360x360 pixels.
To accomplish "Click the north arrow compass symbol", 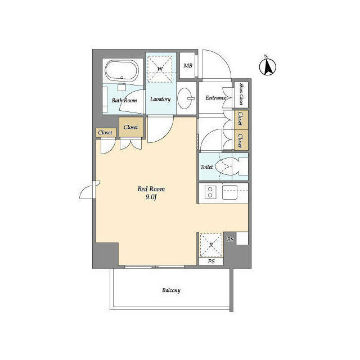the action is click(x=268, y=66).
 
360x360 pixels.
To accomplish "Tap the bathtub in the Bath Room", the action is click(x=122, y=70).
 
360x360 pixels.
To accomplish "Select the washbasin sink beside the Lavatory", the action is click(x=186, y=98).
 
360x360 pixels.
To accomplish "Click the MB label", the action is click(x=188, y=66).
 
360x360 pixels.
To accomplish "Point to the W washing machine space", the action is click(x=160, y=69).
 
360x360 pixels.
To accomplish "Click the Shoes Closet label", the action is click(x=241, y=94).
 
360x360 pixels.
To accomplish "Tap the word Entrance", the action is click(x=216, y=97).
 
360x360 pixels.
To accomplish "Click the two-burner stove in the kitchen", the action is click(x=210, y=192).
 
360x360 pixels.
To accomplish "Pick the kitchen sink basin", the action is click(x=229, y=192).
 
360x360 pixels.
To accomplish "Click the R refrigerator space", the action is click(x=211, y=245).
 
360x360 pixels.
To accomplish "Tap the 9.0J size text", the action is click(x=151, y=197).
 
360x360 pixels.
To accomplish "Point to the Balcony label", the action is click(x=171, y=290).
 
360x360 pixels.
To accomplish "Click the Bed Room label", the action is click(x=151, y=189).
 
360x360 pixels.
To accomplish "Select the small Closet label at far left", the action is click(x=105, y=133).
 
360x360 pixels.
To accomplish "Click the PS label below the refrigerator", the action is click(x=211, y=261).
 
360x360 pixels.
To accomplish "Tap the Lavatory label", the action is click(x=160, y=99).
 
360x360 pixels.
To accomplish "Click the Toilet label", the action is click(x=206, y=167).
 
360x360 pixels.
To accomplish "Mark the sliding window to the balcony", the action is click(x=155, y=267).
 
